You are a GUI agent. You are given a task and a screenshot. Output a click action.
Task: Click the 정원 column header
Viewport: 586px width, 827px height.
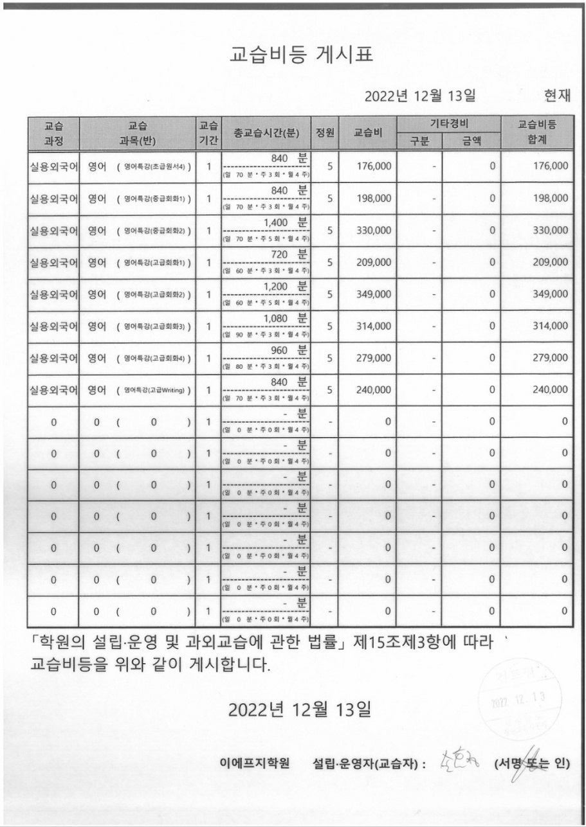pos(324,133)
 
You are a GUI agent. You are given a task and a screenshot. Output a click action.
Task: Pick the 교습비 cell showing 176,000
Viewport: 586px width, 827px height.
pos(374,166)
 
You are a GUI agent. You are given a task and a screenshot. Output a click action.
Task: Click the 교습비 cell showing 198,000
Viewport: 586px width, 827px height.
pos(374,199)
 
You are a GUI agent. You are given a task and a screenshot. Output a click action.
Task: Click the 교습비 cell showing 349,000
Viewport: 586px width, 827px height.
pos(374,294)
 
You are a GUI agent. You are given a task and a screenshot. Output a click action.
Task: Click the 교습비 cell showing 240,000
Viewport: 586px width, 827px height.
pos(374,389)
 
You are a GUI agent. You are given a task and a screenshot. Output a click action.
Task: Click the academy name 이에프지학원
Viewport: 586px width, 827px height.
pos(254,763)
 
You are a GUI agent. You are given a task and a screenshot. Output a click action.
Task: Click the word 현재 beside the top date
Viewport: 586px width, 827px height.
pos(557,96)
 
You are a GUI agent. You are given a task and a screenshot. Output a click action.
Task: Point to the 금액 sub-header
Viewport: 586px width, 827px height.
pos(471,141)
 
